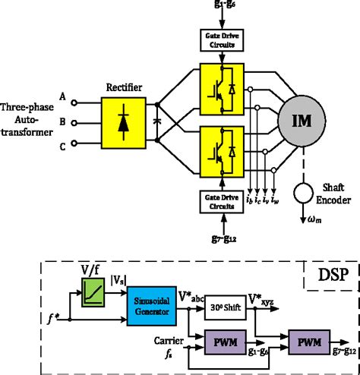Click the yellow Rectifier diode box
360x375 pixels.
pos(124,121)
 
